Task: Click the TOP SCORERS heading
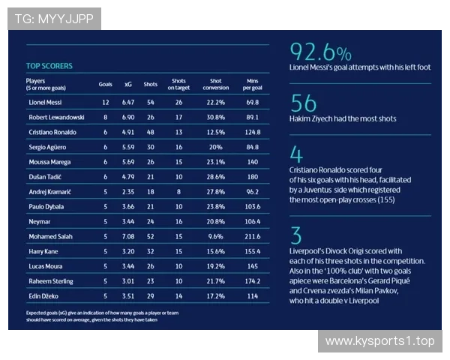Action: point(49,66)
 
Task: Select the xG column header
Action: point(127,84)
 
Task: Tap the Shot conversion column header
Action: point(216,84)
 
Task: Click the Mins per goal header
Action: point(252,84)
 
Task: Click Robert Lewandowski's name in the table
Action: point(56,118)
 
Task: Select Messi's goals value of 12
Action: point(106,101)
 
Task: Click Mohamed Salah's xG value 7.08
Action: point(127,235)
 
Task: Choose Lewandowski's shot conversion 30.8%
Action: point(216,118)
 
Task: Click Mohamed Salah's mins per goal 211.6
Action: point(252,235)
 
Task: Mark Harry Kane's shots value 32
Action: point(150,251)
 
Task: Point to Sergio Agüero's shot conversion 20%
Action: point(216,147)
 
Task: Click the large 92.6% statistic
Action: point(320,52)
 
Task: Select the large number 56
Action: point(304,103)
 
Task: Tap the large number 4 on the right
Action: point(295,154)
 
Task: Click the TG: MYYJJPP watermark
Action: point(53,19)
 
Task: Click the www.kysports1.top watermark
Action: point(379,341)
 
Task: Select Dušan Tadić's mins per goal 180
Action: point(252,177)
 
